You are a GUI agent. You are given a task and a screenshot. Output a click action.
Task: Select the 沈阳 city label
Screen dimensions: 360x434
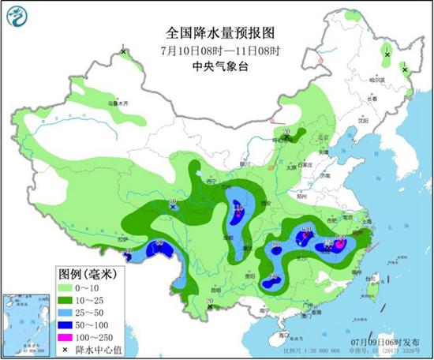(x=363, y=122)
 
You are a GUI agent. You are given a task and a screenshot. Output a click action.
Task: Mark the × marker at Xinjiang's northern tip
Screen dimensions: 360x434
(x=124, y=52)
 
